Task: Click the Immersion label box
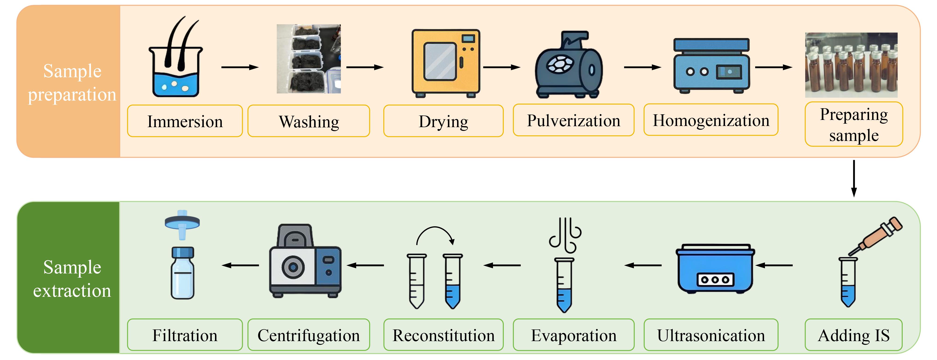pos(185,121)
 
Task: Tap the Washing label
pos(309,121)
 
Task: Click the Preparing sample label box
pos(854,124)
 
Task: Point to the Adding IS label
pos(853,335)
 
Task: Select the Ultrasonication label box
pos(711,335)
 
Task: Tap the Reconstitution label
pos(443,335)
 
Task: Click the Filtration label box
pos(185,335)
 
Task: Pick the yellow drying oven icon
pos(446,63)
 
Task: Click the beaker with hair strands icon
pos(176,57)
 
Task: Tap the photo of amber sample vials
pos(851,65)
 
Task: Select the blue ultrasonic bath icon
pos(715,268)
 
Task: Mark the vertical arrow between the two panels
pos(854,178)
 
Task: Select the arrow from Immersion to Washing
pos(240,67)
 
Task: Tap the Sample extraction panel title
pos(72,279)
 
